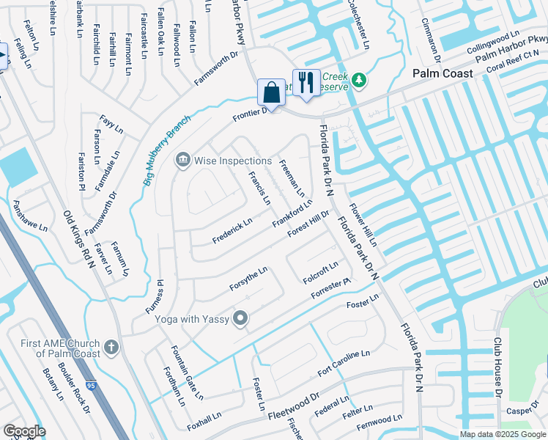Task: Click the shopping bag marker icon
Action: (271, 92)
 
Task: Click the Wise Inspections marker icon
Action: (182, 160)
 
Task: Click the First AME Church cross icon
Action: (111, 346)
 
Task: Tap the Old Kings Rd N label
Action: (80, 238)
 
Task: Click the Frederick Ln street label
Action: (232, 230)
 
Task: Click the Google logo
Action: (24, 431)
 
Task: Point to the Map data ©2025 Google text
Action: (502, 434)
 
